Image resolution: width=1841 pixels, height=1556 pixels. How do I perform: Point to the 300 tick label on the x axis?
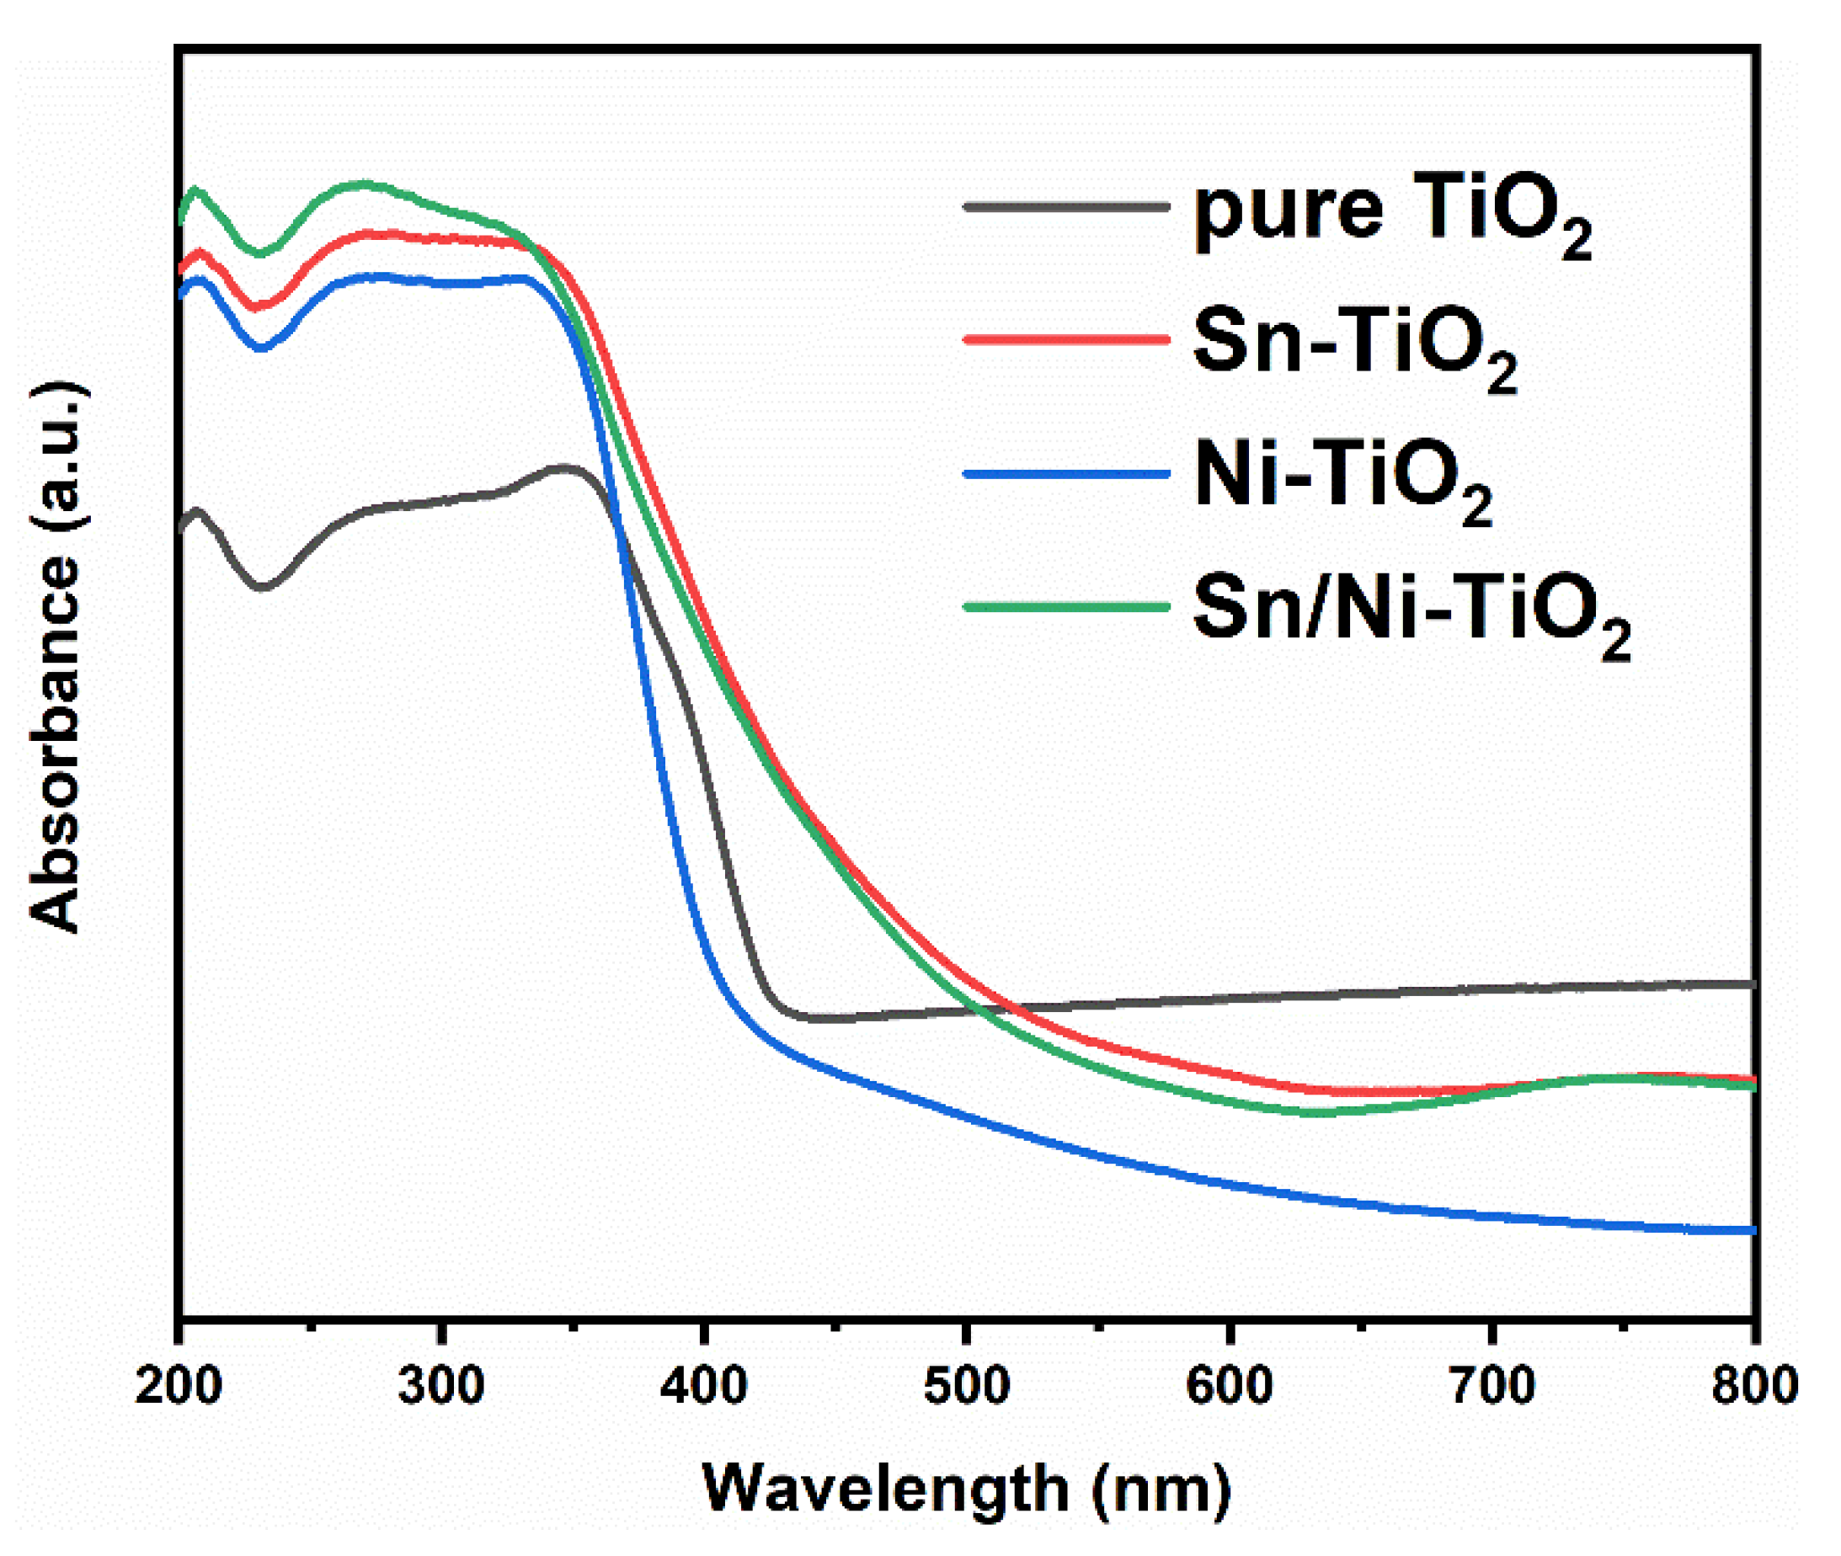[440, 1386]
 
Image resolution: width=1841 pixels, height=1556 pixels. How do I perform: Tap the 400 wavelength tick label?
[703, 1386]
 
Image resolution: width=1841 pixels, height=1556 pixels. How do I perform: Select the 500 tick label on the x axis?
[966, 1386]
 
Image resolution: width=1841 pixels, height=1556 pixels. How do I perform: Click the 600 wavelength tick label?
[1228, 1386]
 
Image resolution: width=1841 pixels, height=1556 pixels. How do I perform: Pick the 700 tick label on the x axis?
[1491, 1386]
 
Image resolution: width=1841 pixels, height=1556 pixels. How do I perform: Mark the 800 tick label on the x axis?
[1753, 1386]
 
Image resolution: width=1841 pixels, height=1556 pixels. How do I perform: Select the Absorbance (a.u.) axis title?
[55, 657]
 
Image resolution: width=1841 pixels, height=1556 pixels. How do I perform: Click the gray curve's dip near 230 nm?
[261, 586]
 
